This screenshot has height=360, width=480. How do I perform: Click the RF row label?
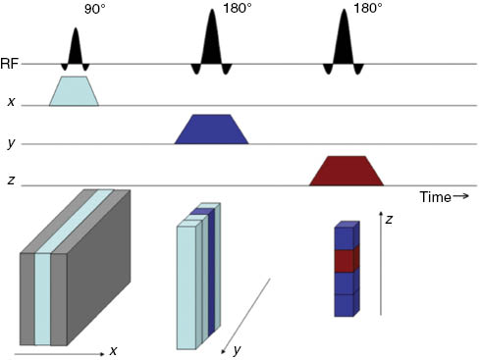(x=11, y=64)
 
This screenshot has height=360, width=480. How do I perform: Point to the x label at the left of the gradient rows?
(x=11, y=102)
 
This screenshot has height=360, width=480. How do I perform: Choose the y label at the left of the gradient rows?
(x=11, y=144)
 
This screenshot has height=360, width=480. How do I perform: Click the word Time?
(x=435, y=196)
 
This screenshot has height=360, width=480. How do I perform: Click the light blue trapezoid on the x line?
(x=75, y=90)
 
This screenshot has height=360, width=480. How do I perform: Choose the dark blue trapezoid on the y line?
(x=211, y=129)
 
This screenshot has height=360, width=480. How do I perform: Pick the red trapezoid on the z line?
(x=346, y=171)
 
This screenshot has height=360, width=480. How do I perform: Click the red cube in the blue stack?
(x=344, y=261)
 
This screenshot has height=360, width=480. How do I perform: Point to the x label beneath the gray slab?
(x=113, y=351)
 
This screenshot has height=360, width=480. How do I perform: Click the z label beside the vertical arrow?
(x=389, y=220)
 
